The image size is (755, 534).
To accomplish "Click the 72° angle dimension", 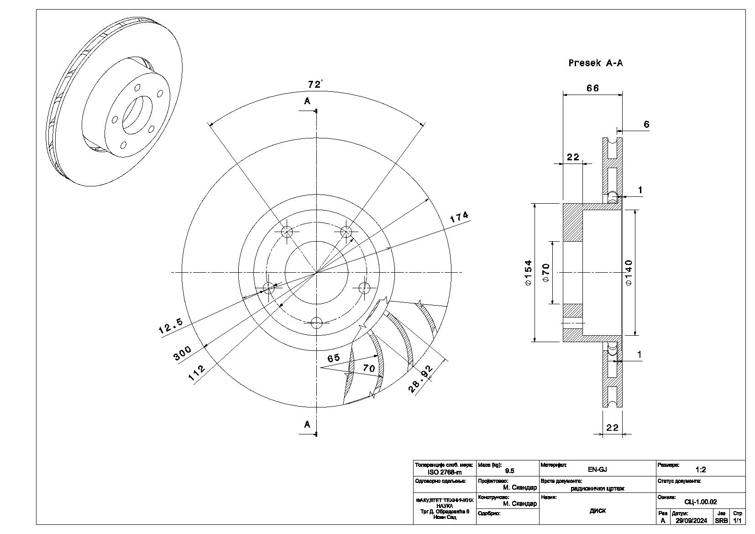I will (x=315, y=85).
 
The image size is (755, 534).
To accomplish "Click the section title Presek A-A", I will (x=595, y=63).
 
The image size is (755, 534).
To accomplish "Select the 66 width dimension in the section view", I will (x=592, y=88).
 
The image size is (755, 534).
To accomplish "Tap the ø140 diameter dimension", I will (x=629, y=273).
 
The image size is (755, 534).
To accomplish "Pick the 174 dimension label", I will (x=459, y=217).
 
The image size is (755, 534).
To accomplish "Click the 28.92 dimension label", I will (x=420, y=379).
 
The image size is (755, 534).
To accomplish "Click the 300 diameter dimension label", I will (x=182, y=353).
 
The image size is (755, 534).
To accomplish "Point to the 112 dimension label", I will (x=197, y=373).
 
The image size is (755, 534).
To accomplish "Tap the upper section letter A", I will (x=307, y=100).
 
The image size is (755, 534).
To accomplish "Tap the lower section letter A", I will (x=307, y=424).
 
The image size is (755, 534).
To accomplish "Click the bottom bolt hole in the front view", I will (x=316, y=323).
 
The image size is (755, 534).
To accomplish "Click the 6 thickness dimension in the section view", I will (x=646, y=124).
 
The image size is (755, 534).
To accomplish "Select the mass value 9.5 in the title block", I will (x=509, y=471).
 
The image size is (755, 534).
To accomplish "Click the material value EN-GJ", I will (x=597, y=469).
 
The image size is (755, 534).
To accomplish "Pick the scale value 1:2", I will (x=701, y=469).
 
